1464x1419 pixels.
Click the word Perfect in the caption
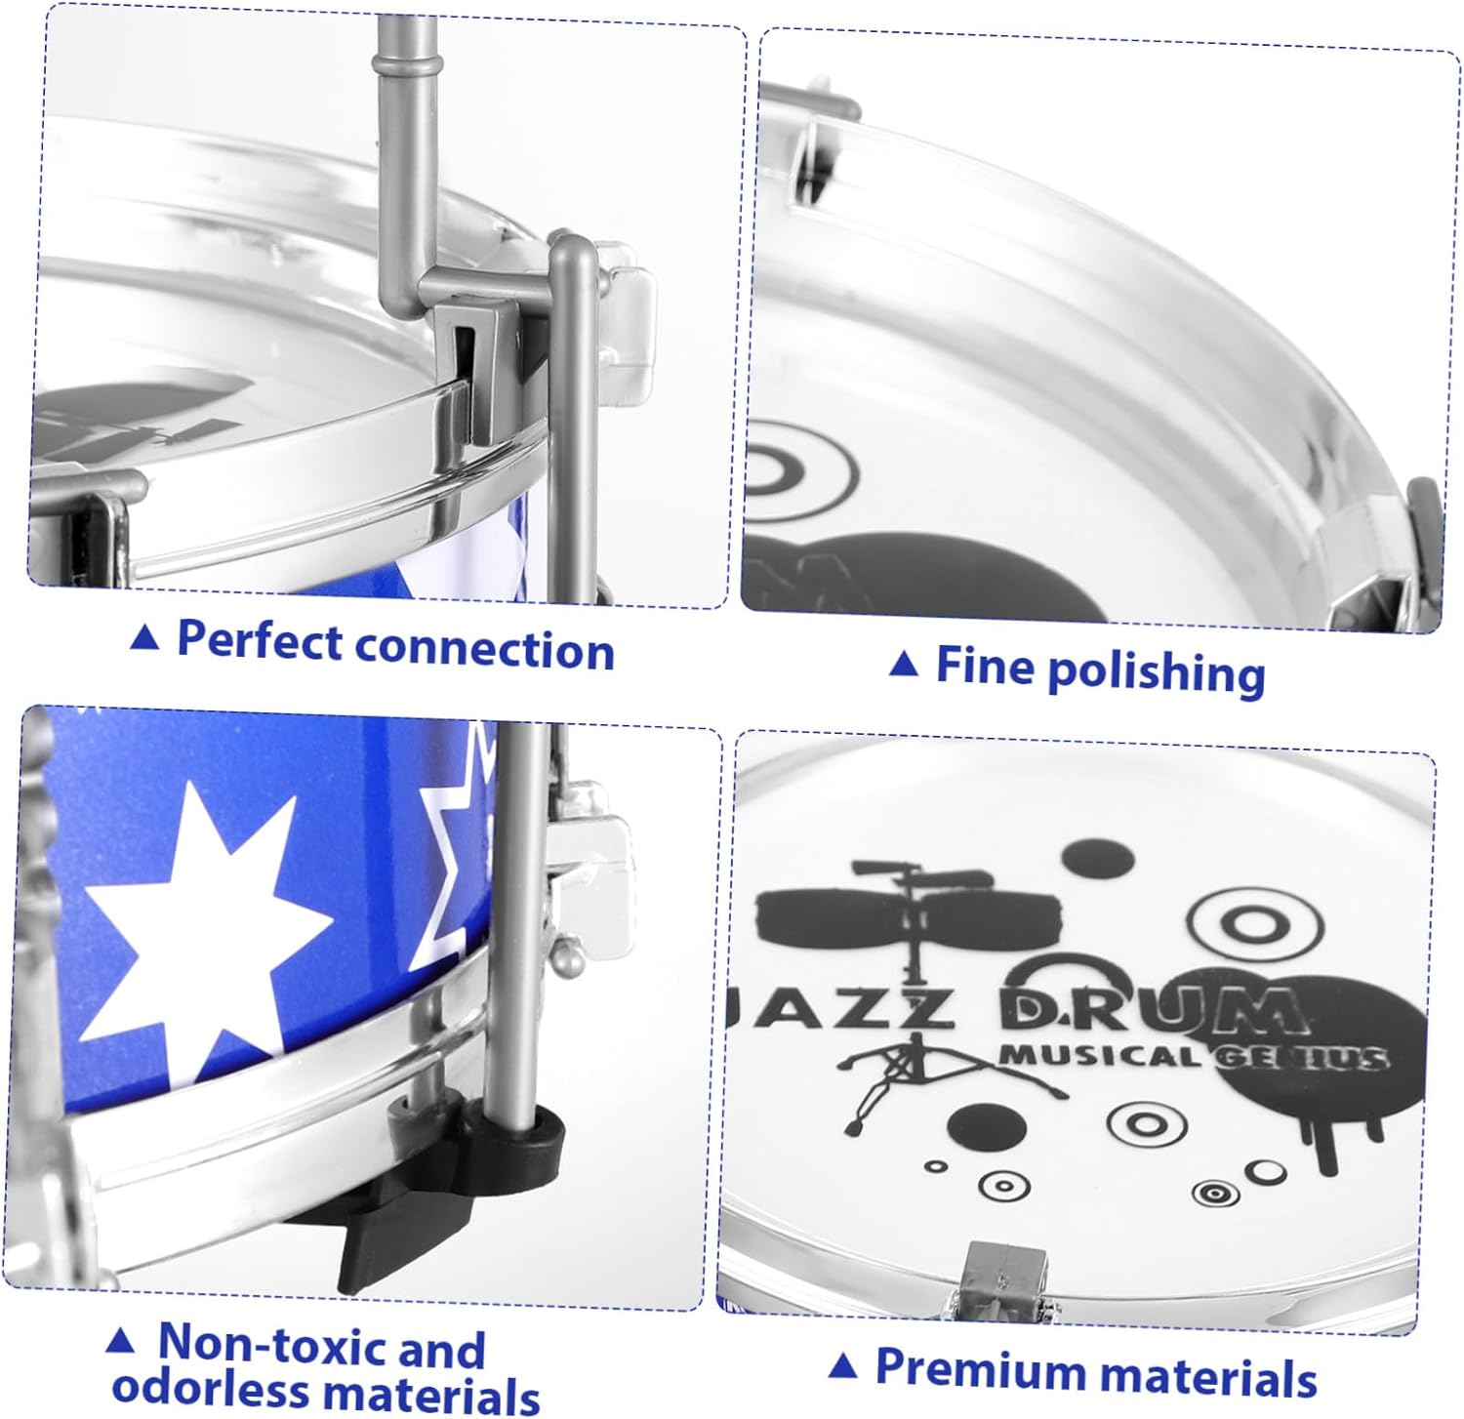259,641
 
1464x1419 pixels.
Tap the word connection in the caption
484,649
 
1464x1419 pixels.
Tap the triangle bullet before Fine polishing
905,665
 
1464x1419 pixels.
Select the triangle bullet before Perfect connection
144,638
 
